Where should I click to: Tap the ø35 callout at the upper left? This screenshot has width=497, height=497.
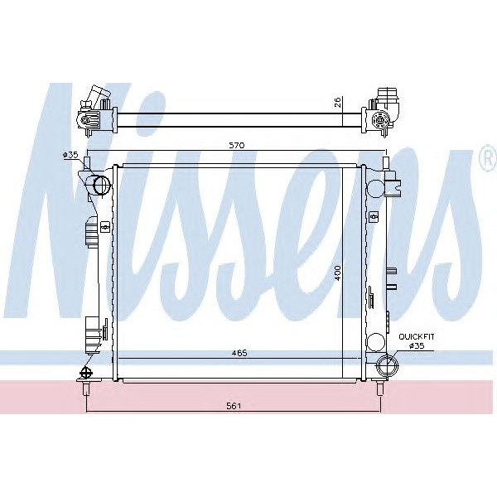click(70, 155)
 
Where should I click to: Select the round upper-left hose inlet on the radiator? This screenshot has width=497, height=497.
click(101, 185)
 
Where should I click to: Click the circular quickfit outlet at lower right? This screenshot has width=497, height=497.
click(388, 365)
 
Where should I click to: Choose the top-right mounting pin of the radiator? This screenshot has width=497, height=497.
click(384, 160)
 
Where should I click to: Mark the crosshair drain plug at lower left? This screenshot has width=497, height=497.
click(81, 371)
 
